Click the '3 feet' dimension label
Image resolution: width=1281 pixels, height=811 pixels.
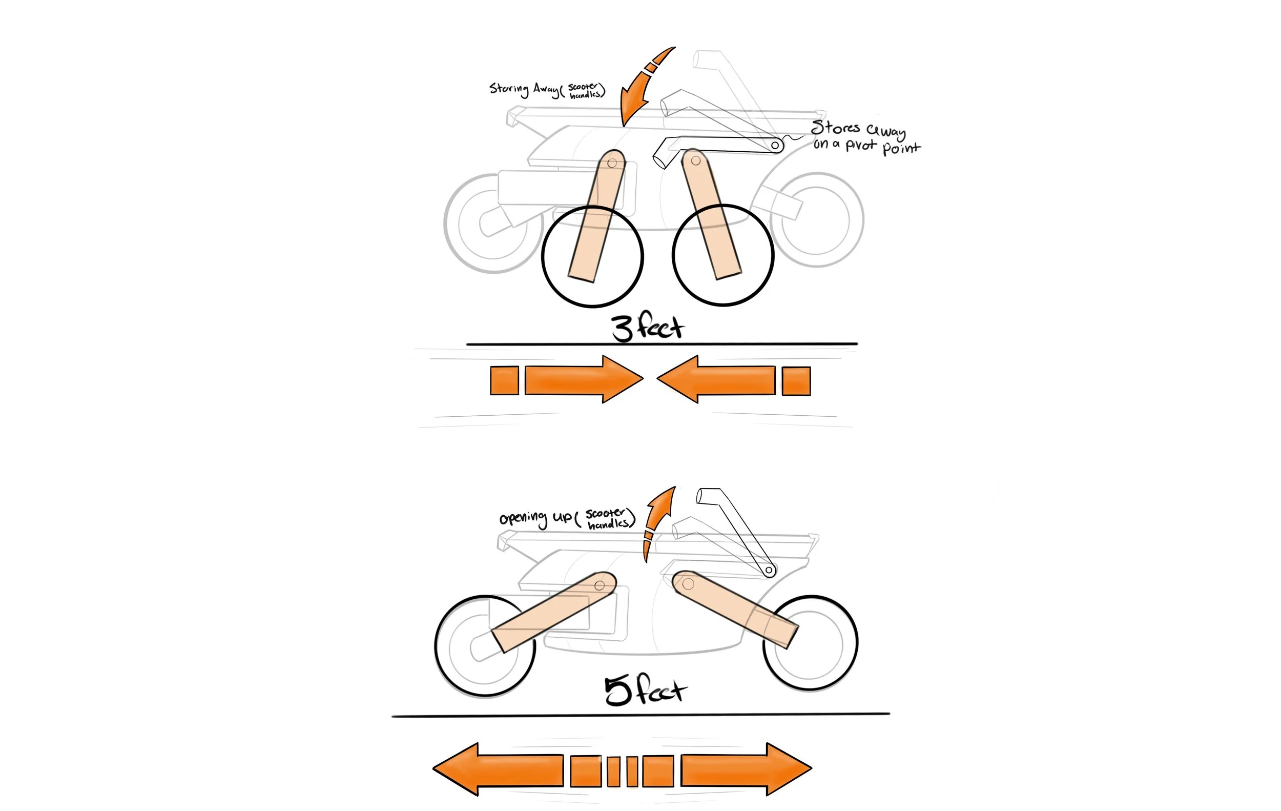tap(647, 328)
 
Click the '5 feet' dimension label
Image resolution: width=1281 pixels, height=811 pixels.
tap(645, 690)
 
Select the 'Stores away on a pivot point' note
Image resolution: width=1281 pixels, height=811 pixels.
tap(864, 137)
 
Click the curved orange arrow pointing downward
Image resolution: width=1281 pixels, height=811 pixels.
tap(641, 88)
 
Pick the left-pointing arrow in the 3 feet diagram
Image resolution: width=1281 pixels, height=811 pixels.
tap(716, 379)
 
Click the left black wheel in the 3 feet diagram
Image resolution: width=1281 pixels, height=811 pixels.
tap(593, 256)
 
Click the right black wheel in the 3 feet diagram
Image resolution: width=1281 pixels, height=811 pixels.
tap(723, 255)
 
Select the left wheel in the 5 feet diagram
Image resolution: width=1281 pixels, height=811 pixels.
tap(485, 646)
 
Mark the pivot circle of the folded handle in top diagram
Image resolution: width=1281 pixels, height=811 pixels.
tap(776, 145)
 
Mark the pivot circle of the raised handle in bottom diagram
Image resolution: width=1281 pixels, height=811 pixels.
tap(769, 571)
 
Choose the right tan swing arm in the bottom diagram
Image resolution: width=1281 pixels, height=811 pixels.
tap(734, 609)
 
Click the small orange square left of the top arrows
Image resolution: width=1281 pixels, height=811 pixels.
tap(504, 380)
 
